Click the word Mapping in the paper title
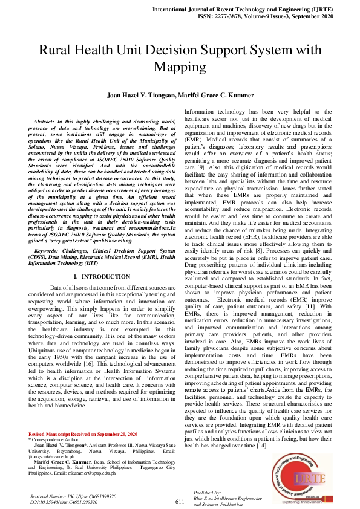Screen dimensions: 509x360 (180, 66)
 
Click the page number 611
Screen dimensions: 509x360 (180, 501)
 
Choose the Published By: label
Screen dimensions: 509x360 (208, 493)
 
